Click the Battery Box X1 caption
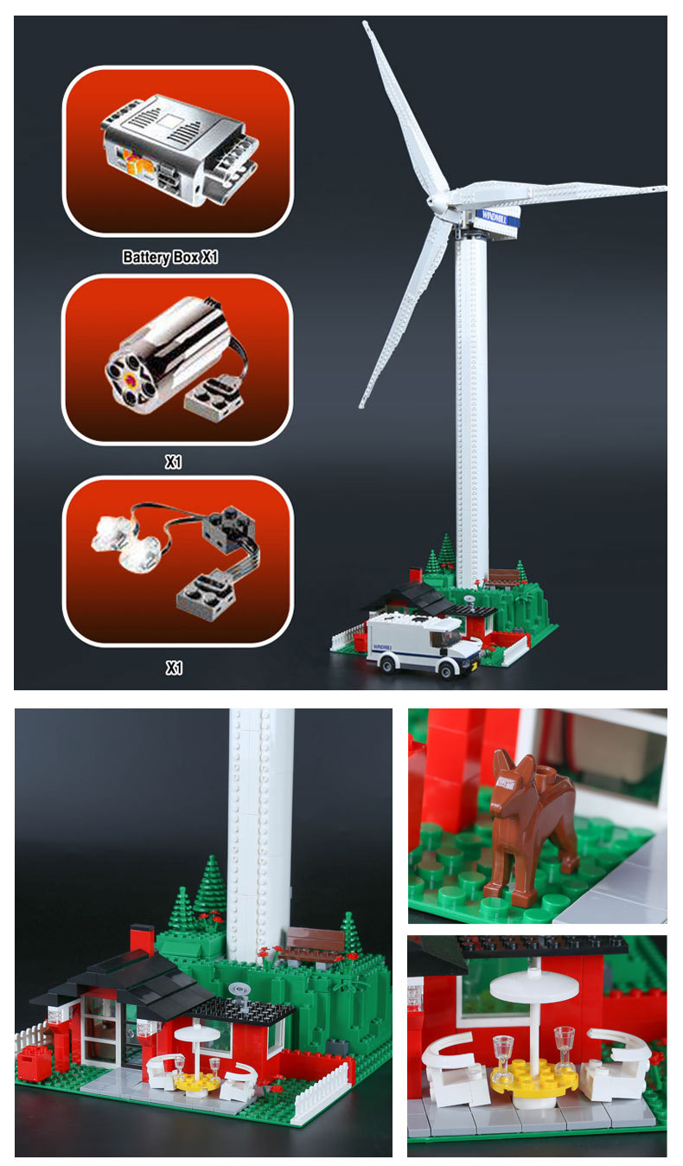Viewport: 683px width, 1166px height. [x=169, y=258]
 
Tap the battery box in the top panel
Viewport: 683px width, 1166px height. [x=178, y=148]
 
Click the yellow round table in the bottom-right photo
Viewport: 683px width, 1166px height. [x=534, y=1074]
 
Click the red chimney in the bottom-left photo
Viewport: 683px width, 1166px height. [x=143, y=941]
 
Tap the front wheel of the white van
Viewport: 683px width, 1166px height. [x=445, y=670]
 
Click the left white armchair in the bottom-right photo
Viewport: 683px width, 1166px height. [x=453, y=1073]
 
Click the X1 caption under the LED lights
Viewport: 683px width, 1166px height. [x=175, y=668]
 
